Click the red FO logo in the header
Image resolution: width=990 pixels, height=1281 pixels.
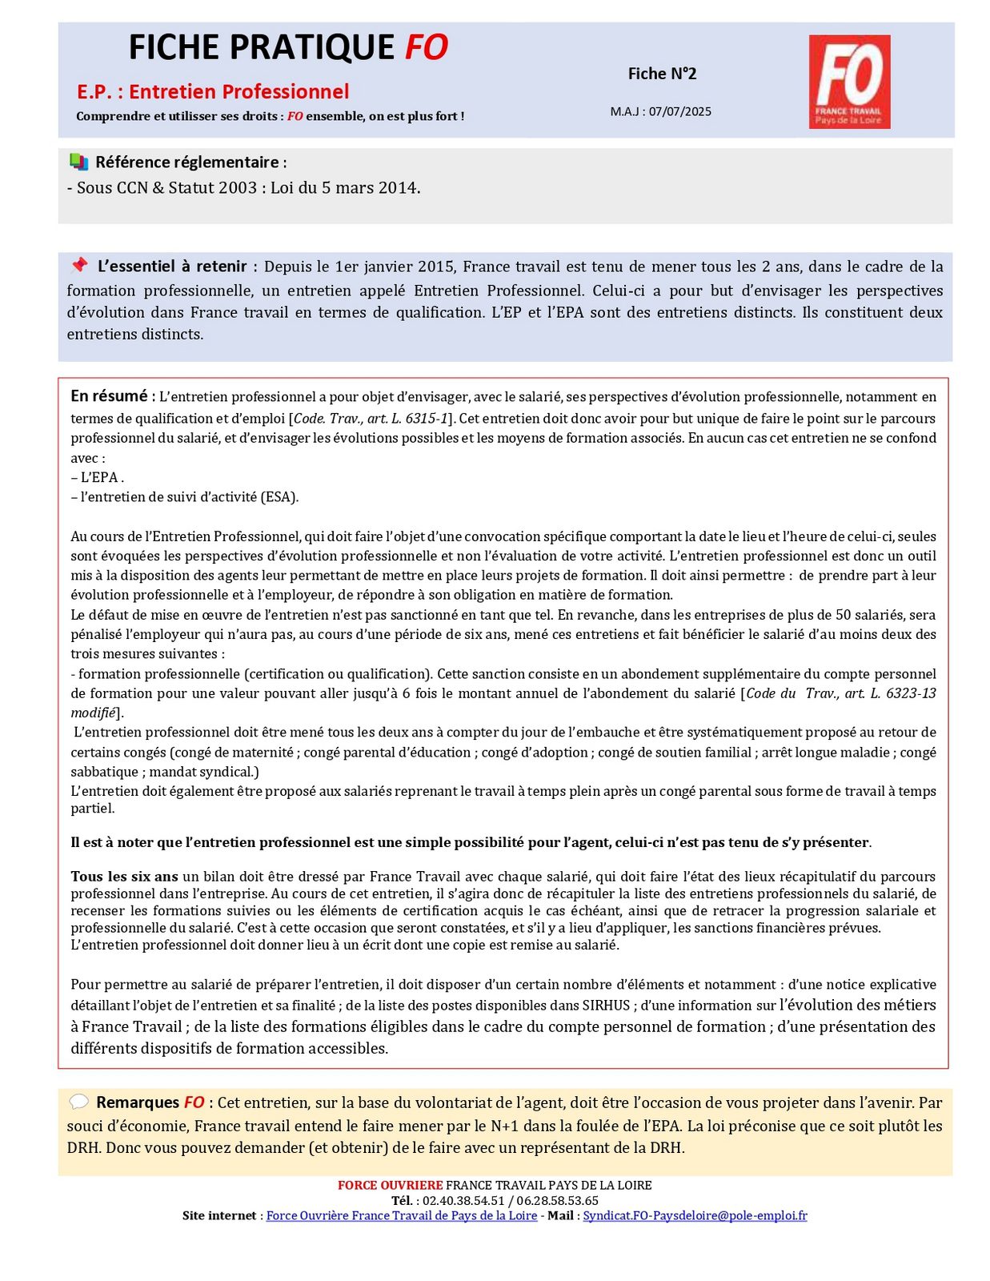849,82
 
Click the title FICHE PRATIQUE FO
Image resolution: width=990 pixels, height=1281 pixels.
288,48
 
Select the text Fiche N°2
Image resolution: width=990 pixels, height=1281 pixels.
662,74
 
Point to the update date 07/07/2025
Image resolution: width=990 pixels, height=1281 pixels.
679,111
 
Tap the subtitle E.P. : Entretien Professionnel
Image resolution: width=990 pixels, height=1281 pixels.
213,91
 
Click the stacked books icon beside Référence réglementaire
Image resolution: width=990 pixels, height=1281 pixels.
78,162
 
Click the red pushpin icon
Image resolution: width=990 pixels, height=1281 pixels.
78,265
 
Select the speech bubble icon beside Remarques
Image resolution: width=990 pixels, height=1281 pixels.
78,1102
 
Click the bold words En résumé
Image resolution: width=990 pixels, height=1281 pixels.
110,396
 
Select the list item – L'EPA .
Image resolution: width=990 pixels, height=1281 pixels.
97,477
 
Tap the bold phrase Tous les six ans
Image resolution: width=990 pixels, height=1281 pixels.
124,876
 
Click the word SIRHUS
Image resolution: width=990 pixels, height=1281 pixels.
606,1005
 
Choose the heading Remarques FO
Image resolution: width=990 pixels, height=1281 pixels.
150,1102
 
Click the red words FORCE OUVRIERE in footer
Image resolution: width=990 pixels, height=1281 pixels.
390,1185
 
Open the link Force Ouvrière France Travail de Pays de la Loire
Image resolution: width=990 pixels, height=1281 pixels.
401,1215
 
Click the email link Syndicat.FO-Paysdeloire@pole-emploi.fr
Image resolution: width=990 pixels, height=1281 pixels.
695,1215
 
